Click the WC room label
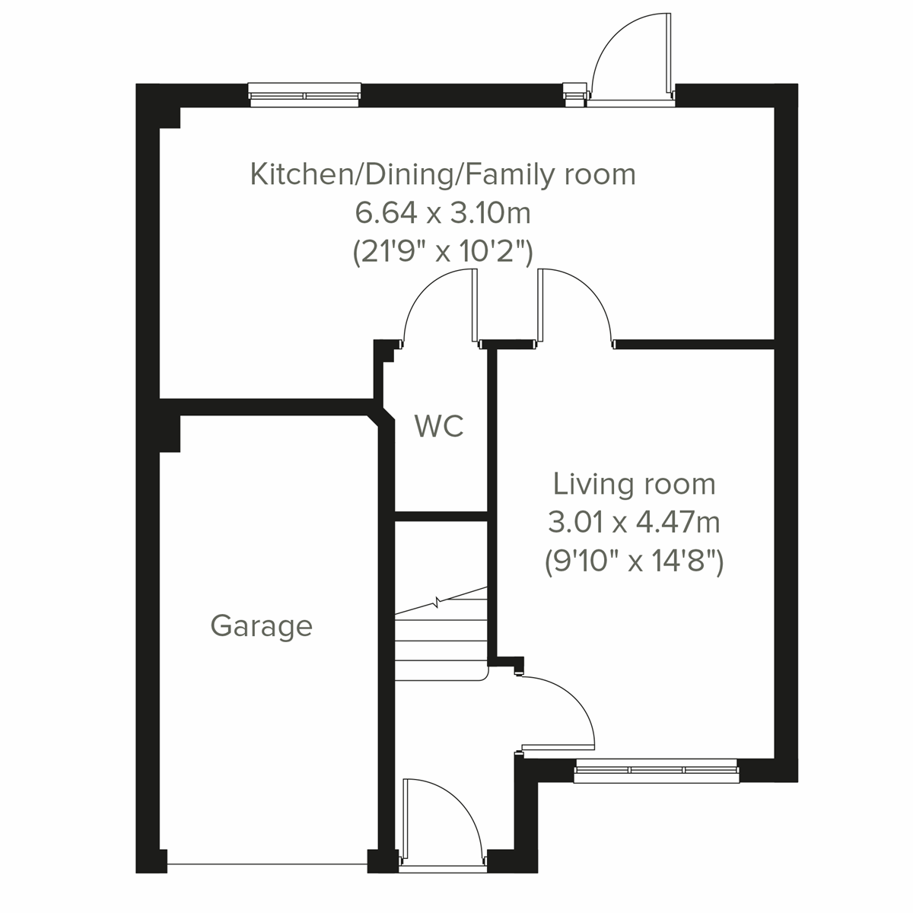(439, 426)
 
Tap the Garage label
(261, 626)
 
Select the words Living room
(634, 484)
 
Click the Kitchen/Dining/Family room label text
(443, 174)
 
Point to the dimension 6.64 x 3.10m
(443, 213)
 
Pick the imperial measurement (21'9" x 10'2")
(443, 252)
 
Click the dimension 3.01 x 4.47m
(634, 523)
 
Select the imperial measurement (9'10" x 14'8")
(634, 562)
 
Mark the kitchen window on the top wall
(304, 95)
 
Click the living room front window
(656, 770)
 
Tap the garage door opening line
(266, 864)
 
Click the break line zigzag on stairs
(438, 603)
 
